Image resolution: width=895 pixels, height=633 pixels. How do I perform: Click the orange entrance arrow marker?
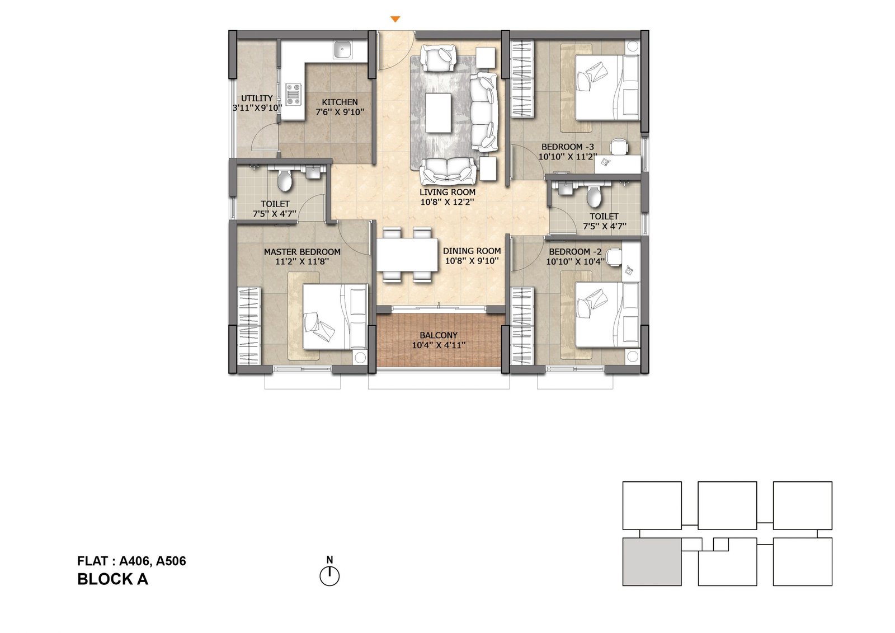pos(395,19)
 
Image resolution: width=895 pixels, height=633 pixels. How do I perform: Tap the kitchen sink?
pos(343,51)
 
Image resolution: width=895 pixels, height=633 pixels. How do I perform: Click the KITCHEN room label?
pos(340,102)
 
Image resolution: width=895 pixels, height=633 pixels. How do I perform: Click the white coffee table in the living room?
pos(439,112)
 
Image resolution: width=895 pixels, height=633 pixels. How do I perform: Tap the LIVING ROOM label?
pos(447,193)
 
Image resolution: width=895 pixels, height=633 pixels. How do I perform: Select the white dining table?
pos(407,254)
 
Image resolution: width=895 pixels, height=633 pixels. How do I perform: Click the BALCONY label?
pos(439,335)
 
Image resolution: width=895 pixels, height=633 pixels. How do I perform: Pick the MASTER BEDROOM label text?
pos(302,252)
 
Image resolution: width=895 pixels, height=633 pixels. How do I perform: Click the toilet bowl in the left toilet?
pos(285,180)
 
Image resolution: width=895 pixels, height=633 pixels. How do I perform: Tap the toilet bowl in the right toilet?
pos(593,196)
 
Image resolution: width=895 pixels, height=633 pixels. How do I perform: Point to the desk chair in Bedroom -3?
pos(619,146)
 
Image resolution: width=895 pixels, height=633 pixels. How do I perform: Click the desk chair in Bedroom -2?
pos(614,257)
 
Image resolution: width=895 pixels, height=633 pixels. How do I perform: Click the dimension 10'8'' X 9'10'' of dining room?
pos(472,261)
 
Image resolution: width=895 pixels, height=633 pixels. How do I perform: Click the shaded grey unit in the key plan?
pos(652,562)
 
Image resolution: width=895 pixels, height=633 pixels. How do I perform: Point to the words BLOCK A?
pos(112,579)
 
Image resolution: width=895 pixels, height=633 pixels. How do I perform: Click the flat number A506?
pos(171,561)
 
